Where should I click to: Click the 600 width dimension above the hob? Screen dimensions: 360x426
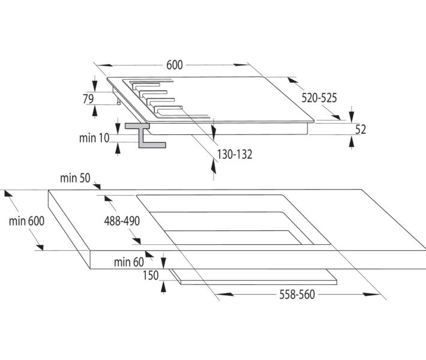click(175, 65)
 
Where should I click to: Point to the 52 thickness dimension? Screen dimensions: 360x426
click(361, 129)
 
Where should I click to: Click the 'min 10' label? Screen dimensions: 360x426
click(94, 138)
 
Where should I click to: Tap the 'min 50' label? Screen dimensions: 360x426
click(74, 178)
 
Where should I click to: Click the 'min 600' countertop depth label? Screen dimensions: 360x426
click(27, 221)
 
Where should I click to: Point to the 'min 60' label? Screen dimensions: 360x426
click(128, 262)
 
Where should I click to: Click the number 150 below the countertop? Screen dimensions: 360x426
click(151, 276)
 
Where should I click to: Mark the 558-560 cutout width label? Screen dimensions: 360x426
click(297, 295)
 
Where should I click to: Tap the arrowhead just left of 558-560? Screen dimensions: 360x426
click(220, 294)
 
